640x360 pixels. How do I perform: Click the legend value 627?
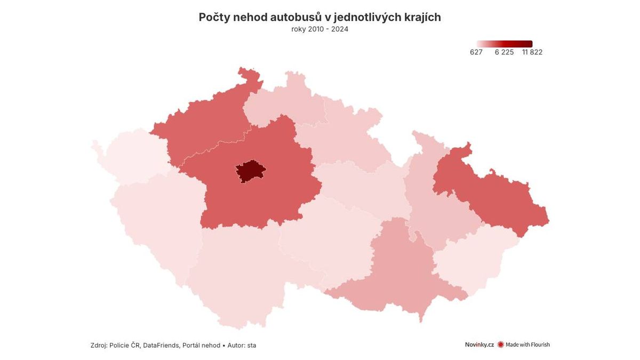(476, 52)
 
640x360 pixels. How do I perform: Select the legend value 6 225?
(504, 52)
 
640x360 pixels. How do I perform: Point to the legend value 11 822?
(532, 52)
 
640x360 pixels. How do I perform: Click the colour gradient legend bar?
(505, 44)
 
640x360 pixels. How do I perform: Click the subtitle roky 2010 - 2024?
(319, 29)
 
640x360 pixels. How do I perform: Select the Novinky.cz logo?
(479, 345)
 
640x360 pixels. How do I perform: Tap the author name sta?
(251, 346)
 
